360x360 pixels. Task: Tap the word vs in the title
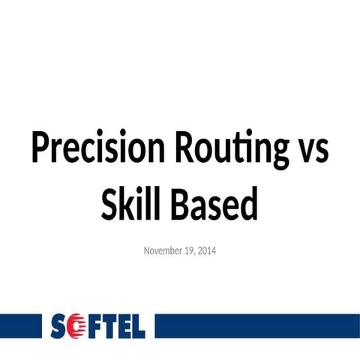pyautogui.click(x=310, y=151)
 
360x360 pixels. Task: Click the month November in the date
pyautogui.click(x=163, y=250)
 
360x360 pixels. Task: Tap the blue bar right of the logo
pyautogui.click(x=255, y=326)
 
